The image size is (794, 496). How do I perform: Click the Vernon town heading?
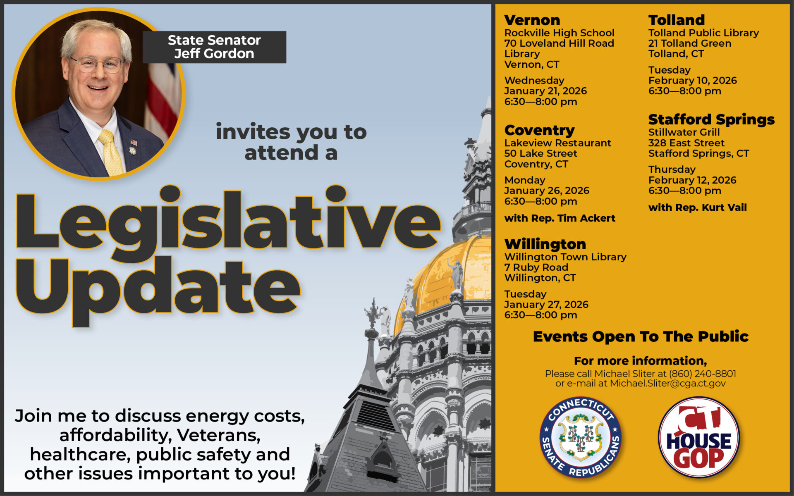click(532, 20)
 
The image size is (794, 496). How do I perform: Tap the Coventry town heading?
click(539, 130)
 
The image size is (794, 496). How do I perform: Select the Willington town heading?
click(545, 244)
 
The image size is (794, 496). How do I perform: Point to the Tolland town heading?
click(677, 20)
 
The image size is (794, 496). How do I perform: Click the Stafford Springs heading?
click(711, 119)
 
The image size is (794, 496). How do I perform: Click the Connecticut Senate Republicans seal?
click(581, 437)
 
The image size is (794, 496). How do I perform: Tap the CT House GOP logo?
click(699, 437)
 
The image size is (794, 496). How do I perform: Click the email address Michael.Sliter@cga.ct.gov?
click(667, 384)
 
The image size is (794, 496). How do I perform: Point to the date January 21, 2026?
click(545, 91)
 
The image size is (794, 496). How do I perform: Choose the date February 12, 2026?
click(692, 180)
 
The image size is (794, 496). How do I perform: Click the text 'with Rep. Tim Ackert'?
click(560, 218)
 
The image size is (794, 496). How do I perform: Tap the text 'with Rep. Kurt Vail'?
click(697, 207)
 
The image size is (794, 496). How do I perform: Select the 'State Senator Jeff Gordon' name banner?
click(214, 47)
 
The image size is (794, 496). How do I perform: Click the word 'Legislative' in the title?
click(228, 221)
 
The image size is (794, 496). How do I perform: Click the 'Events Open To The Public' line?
click(641, 336)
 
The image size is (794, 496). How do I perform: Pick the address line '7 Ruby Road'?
click(536, 267)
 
